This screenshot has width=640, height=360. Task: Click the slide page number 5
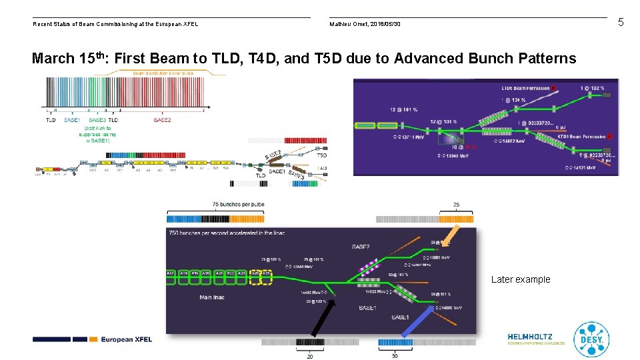(621, 23)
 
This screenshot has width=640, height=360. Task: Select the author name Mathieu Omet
(350, 25)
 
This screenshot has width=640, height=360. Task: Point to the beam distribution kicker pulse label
(163, 73)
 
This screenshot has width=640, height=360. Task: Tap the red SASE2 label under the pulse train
(162, 120)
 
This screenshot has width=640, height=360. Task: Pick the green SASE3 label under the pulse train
(97, 120)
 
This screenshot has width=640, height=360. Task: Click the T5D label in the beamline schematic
(323, 155)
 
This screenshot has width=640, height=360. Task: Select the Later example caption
(521, 279)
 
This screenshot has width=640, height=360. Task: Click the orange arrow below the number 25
(451, 235)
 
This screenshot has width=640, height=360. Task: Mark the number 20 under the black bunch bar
(310, 356)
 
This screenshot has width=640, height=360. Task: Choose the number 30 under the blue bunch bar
(395, 356)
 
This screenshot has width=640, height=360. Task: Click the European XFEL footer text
(127, 339)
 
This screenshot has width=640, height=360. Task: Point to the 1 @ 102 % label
(591, 87)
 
